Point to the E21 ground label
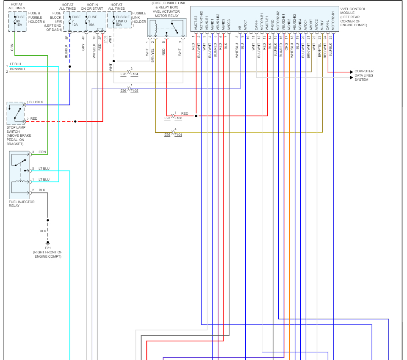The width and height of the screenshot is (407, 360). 48,248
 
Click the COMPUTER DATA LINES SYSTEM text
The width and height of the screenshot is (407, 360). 364,75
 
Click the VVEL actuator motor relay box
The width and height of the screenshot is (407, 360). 166,28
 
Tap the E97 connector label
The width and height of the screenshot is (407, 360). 168,118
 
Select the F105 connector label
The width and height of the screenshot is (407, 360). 134,91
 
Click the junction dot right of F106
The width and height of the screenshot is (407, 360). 196,116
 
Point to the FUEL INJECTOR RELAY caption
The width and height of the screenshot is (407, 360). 22,204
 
